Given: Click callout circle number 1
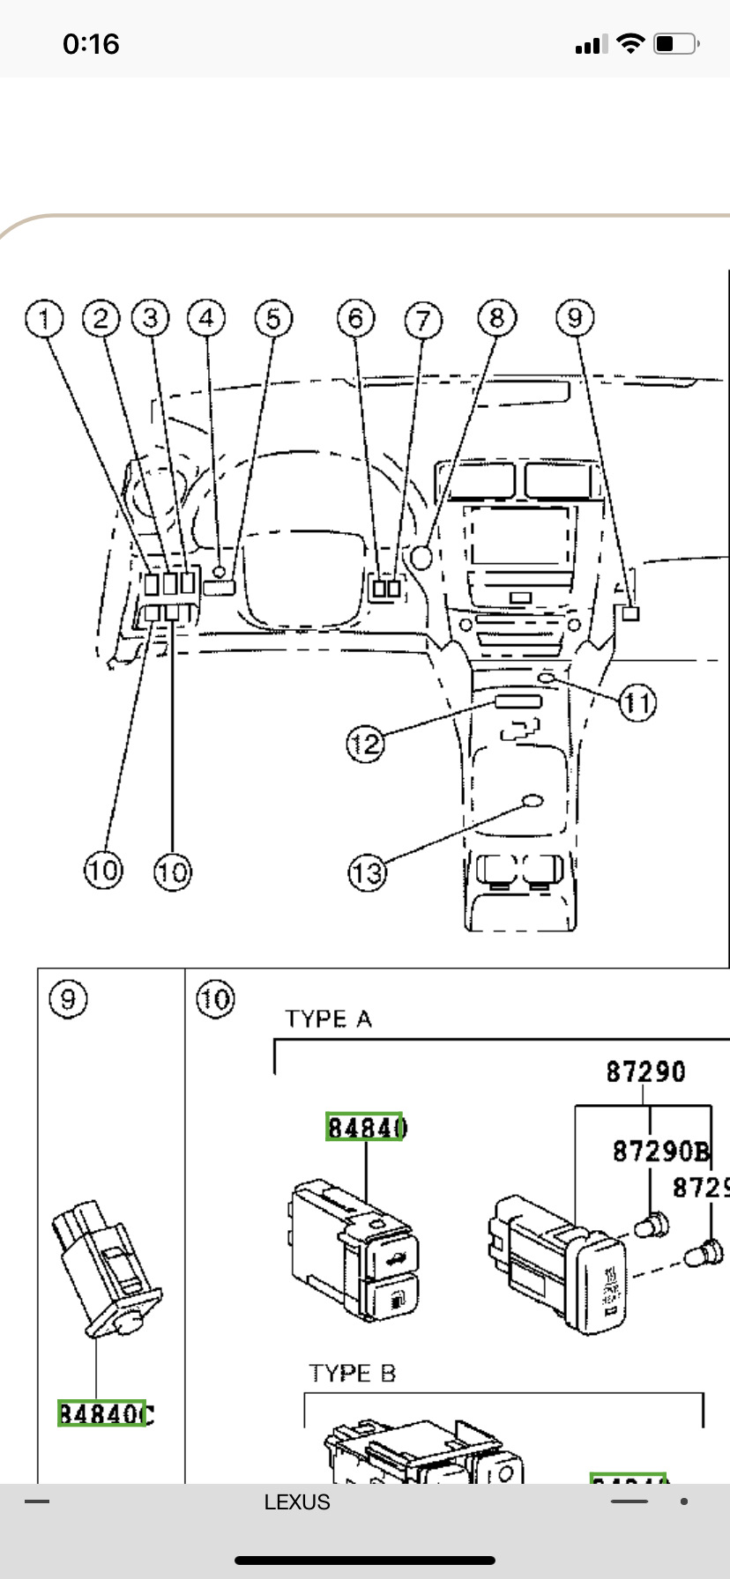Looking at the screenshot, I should pos(44,318).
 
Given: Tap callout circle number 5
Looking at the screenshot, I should pos(272,318).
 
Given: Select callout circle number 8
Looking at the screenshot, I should pos(496,317).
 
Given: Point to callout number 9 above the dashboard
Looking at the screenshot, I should pos(575,317).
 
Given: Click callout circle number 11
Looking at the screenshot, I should pos(637,703).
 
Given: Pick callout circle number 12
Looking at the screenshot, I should pos(365,745).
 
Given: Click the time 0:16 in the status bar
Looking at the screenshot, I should pos(90,44).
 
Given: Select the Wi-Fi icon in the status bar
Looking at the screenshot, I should pos(630,43).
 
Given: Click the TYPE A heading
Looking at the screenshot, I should pos(328,1019).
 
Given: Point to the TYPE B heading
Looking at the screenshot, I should pos(352,1373).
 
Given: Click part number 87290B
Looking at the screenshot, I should pos(660,1151).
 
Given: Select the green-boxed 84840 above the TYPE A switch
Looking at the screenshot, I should pos(365,1127).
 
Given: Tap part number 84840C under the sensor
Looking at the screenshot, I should pos(105,1413).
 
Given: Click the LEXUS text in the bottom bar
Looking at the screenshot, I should pos(297,1502).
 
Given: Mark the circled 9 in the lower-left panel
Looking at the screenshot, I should pos(68,999).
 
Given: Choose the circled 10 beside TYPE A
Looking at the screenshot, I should pos(215,999).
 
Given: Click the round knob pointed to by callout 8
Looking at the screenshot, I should pos(421,557).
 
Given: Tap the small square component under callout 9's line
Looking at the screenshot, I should pos(630,613).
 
